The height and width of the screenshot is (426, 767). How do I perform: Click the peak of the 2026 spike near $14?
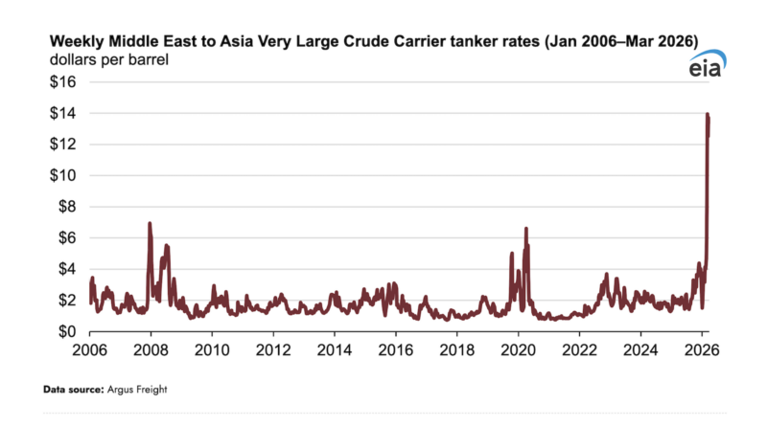point(708,114)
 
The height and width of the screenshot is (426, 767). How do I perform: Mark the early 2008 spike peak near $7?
point(150,223)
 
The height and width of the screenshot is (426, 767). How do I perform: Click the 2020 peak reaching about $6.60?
point(526,229)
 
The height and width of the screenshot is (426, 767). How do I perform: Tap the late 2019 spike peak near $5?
point(512,254)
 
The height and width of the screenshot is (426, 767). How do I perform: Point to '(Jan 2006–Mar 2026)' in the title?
point(617,41)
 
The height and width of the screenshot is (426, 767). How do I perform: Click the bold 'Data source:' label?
point(73,391)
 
